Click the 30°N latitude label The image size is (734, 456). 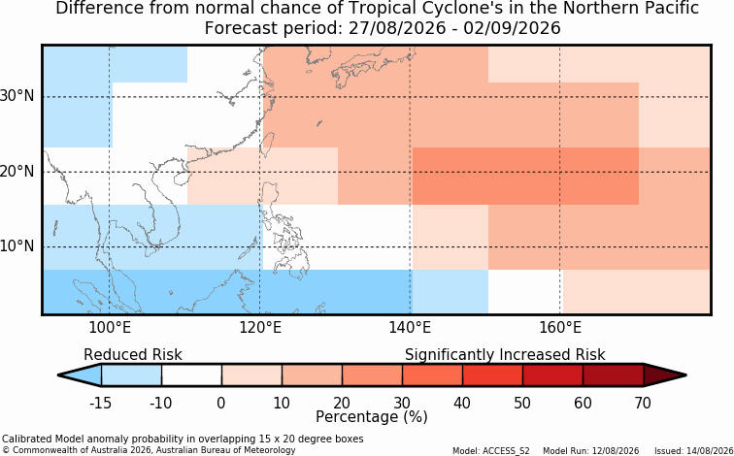17,96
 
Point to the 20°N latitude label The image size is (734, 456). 17,172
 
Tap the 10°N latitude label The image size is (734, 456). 17,246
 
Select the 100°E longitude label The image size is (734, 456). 110,328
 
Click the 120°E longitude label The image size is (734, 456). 260,328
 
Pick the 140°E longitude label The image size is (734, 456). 410,328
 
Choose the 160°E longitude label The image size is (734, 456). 560,328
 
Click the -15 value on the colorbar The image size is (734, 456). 101,403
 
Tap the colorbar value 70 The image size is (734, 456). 643,403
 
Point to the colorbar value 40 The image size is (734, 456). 462,403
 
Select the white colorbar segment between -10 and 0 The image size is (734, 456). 191,375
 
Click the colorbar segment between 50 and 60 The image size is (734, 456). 552,375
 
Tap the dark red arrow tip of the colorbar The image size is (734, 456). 684,375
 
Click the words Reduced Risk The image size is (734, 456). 133,355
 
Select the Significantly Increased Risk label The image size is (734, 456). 505,355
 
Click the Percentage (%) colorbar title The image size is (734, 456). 372,417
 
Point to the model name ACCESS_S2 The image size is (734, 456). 510,451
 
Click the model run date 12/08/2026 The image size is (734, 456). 616,451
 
